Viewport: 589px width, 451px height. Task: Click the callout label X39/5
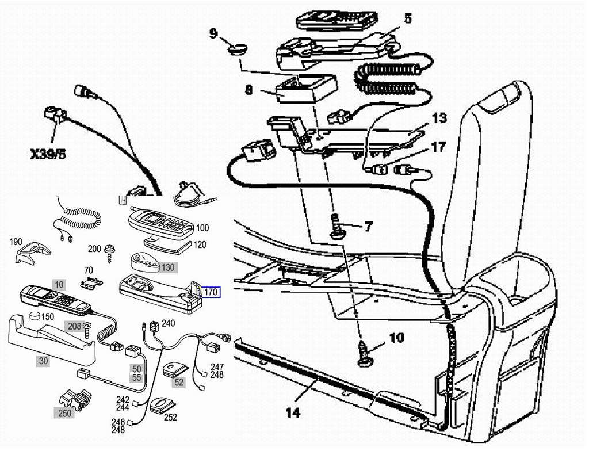click(48, 154)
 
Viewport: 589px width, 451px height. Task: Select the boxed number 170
click(211, 292)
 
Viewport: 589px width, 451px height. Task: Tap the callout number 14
click(293, 413)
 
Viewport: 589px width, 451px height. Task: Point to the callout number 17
click(438, 147)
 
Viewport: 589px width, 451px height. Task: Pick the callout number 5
click(408, 18)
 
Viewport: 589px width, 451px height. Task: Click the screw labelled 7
click(336, 226)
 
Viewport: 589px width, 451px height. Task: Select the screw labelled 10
click(364, 353)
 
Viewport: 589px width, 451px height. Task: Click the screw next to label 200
click(110, 253)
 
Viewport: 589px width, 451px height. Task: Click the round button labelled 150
click(35, 316)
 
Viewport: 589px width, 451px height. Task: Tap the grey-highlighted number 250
click(64, 413)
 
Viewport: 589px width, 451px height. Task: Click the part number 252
click(170, 417)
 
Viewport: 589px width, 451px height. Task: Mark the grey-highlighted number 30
click(44, 361)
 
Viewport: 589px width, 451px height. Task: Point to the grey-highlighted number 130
click(168, 267)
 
